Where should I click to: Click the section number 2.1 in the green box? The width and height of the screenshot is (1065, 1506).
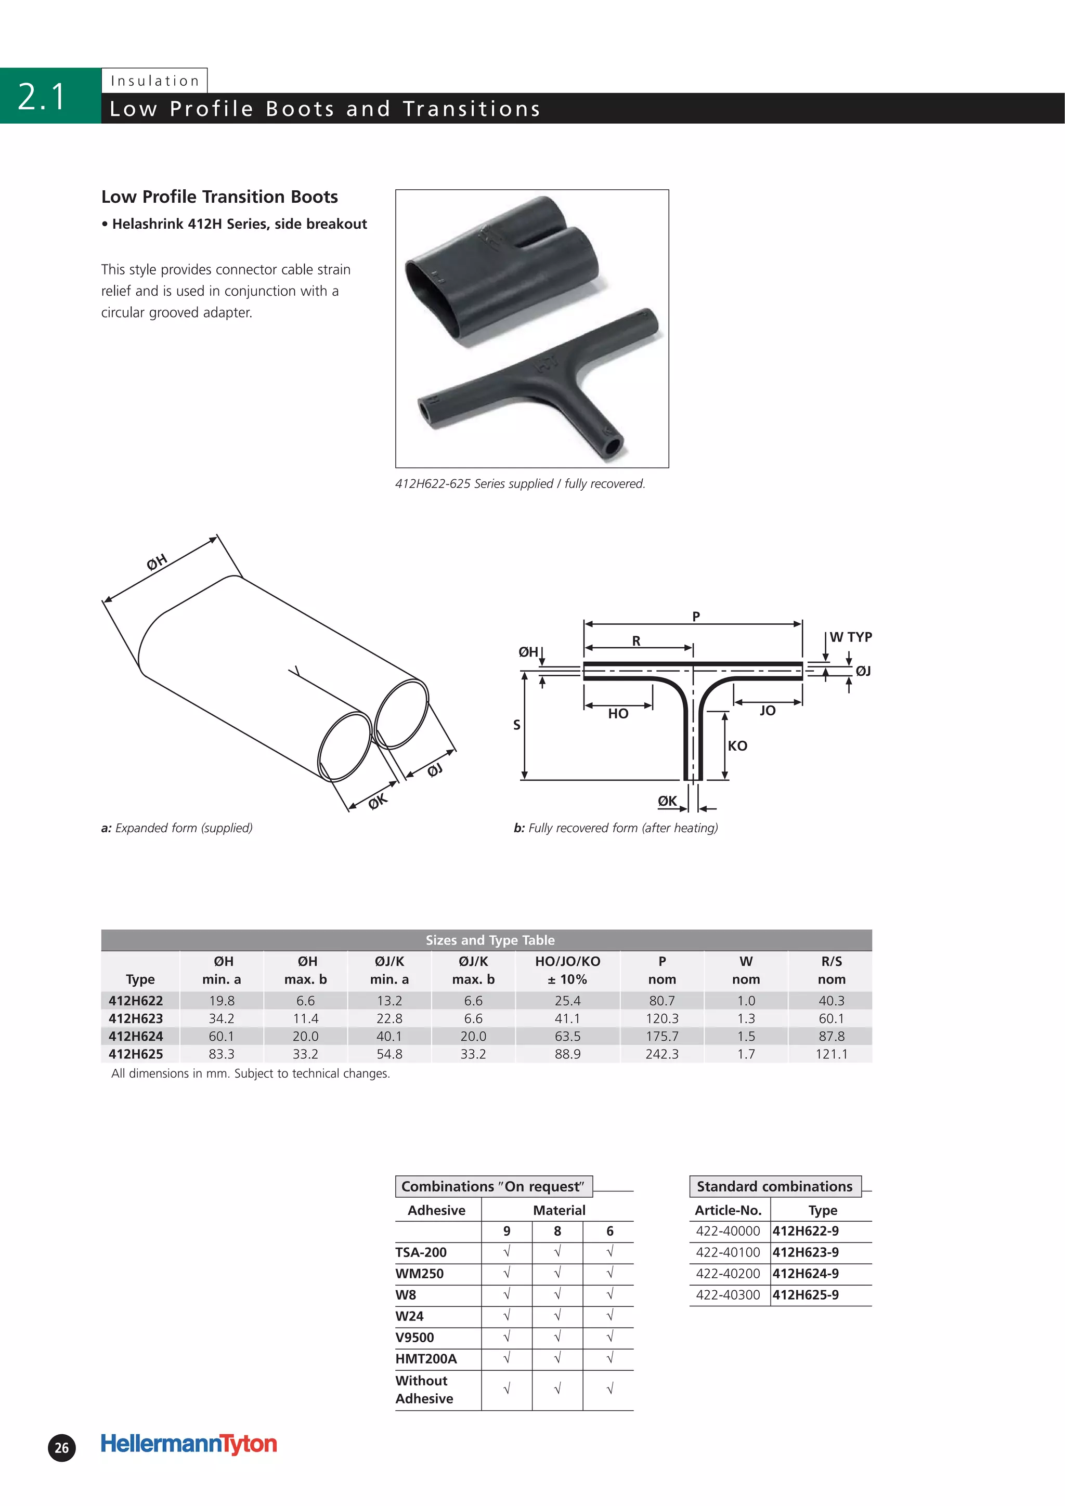(x=42, y=96)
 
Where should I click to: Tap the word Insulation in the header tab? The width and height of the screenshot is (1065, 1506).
(x=155, y=81)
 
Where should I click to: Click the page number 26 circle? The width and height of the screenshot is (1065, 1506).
(x=62, y=1448)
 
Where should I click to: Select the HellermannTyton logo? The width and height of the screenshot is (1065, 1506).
(x=189, y=1444)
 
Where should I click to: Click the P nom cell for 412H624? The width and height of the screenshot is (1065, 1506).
(x=661, y=1037)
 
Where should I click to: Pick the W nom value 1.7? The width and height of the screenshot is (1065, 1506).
(x=746, y=1054)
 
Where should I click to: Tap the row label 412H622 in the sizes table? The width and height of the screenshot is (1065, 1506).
(x=136, y=1001)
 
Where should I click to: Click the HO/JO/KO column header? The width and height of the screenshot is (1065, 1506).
(x=568, y=970)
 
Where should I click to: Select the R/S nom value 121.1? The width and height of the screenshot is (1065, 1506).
(x=832, y=1054)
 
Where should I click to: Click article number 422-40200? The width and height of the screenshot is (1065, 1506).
(x=728, y=1274)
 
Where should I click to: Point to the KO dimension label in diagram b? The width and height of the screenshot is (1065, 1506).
(x=737, y=746)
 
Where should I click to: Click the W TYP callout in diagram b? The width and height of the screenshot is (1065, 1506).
(x=850, y=637)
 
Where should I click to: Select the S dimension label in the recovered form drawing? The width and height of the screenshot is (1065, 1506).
(x=516, y=725)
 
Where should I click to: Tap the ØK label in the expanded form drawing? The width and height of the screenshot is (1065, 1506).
(x=378, y=802)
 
